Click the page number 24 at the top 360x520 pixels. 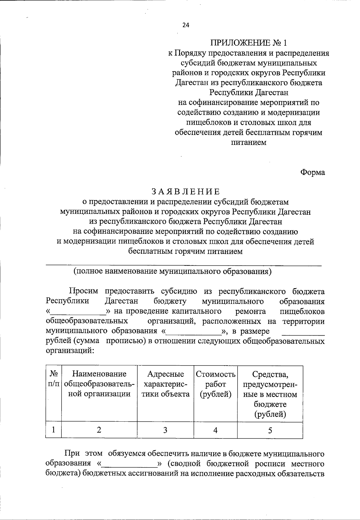(186, 25)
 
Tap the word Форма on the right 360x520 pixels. (312, 172)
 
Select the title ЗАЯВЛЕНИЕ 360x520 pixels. (186, 191)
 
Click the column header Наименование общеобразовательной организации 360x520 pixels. (99, 384)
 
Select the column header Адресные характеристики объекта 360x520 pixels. (166, 384)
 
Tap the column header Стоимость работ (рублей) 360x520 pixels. (216, 384)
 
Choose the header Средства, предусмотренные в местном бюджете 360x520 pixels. (270, 394)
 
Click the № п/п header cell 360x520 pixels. (53, 379)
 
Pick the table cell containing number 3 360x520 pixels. (165, 430)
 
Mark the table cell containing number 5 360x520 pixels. (270, 430)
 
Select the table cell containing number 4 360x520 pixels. (215, 430)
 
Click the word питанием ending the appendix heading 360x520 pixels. (249, 142)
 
